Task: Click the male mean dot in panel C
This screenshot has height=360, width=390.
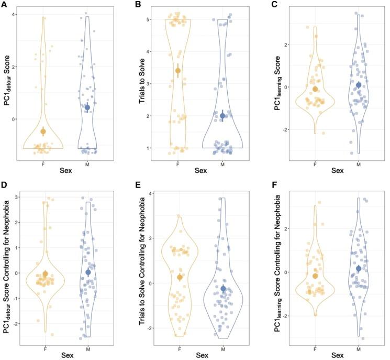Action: click(359, 85)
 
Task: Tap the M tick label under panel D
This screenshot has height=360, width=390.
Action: click(88, 348)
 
